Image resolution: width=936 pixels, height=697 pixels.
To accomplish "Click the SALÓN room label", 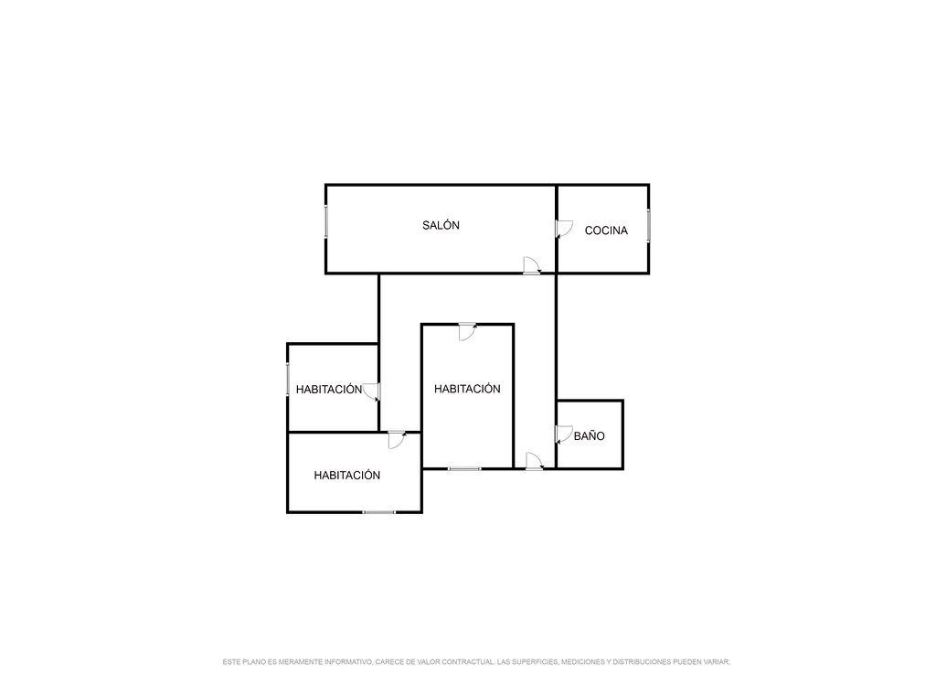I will [x=441, y=225].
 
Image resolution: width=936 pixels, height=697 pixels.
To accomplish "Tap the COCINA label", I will [x=606, y=231].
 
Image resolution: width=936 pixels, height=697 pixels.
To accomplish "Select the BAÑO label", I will [x=590, y=436].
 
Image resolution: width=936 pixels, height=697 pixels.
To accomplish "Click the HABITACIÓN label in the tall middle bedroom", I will [x=467, y=389].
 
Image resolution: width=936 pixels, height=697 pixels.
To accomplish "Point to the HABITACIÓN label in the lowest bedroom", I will [x=346, y=476].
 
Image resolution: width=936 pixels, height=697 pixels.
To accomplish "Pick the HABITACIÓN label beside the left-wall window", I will [x=328, y=390].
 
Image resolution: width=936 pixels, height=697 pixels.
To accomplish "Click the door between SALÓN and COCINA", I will [x=564, y=229].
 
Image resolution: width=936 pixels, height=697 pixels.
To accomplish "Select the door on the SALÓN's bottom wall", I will [x=531, y=265].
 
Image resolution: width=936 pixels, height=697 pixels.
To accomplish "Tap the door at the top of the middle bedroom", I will [x=467, y=331].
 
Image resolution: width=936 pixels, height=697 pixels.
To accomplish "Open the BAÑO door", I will [x=564, y=434].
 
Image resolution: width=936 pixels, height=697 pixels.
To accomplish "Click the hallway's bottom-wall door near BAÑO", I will [x=534, y=461].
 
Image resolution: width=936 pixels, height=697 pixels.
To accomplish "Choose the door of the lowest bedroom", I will [x=396, y=440].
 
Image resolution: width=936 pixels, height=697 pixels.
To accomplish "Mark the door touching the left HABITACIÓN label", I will [x=371, y=391].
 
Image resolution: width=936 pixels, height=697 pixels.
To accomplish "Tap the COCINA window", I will [x=648, y=225].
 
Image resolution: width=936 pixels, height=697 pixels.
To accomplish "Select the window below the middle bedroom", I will [x=464, y=469].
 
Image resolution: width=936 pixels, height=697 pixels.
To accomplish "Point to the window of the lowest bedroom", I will [x=379, y=512].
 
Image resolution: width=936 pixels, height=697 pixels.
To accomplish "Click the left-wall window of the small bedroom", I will [x=288, y=379].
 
